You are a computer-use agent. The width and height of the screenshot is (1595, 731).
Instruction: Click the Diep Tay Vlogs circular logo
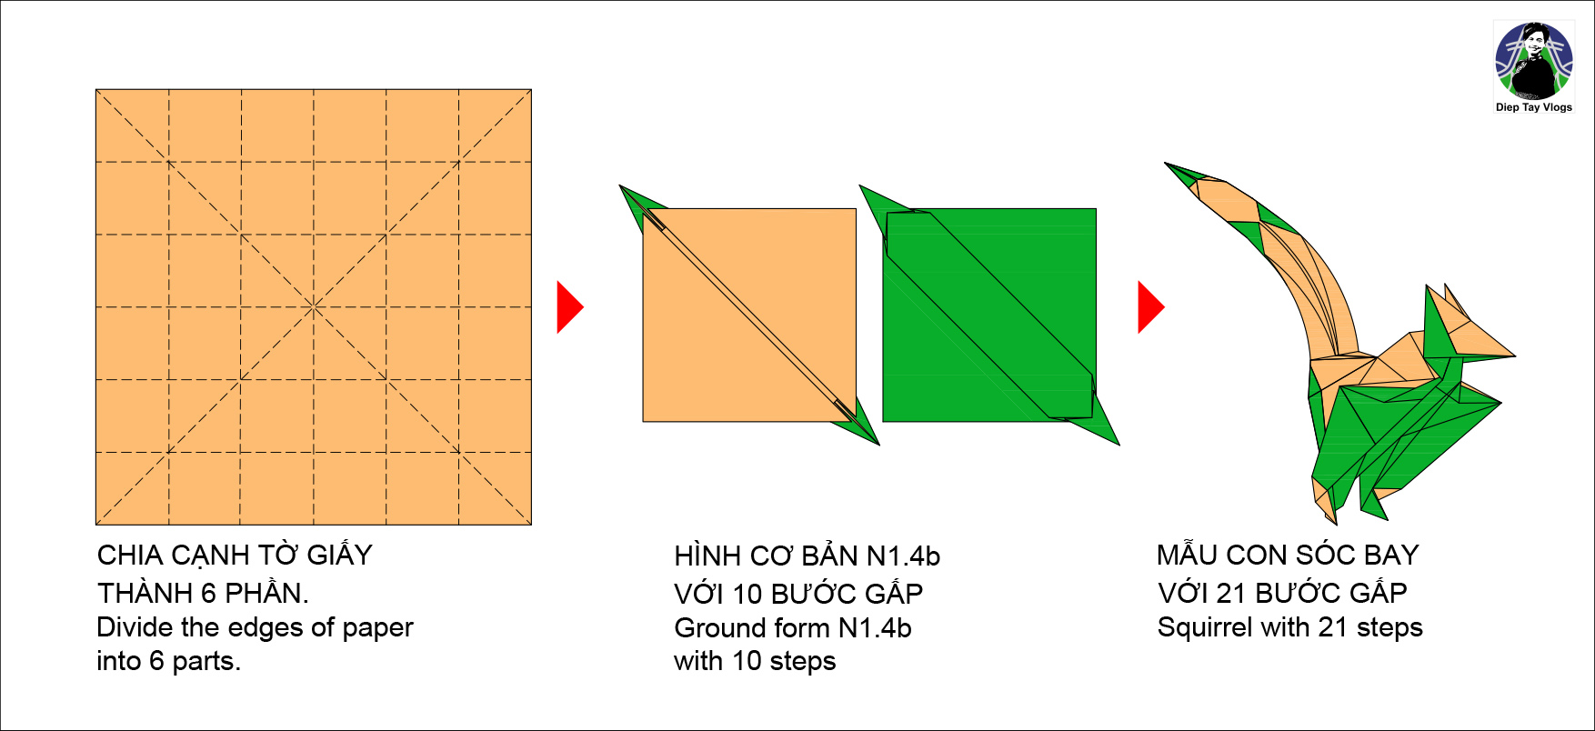coord(1534,61)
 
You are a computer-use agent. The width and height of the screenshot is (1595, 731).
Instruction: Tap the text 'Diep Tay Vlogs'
coord(1534,107)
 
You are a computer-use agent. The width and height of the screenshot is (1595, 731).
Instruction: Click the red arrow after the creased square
coord(569,307)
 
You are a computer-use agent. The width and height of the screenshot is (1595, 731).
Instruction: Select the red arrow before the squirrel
coord(1151,307)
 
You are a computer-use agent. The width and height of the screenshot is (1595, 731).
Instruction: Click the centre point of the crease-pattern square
coord(314,307)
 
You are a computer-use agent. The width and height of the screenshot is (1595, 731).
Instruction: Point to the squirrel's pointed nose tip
coord(1515,355)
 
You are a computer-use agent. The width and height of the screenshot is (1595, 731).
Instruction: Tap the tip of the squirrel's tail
coord(1166,164)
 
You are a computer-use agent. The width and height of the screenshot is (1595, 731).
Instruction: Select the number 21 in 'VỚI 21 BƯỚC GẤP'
coord(1231,593)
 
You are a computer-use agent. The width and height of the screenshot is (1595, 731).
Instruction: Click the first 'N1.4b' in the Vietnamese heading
coord(903,556)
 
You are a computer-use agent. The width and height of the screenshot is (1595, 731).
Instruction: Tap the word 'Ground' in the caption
coord(718,628)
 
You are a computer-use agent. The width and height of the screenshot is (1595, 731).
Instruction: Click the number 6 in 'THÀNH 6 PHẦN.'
coord(208,593)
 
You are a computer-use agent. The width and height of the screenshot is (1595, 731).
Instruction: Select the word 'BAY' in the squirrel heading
coord(1392,555)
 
